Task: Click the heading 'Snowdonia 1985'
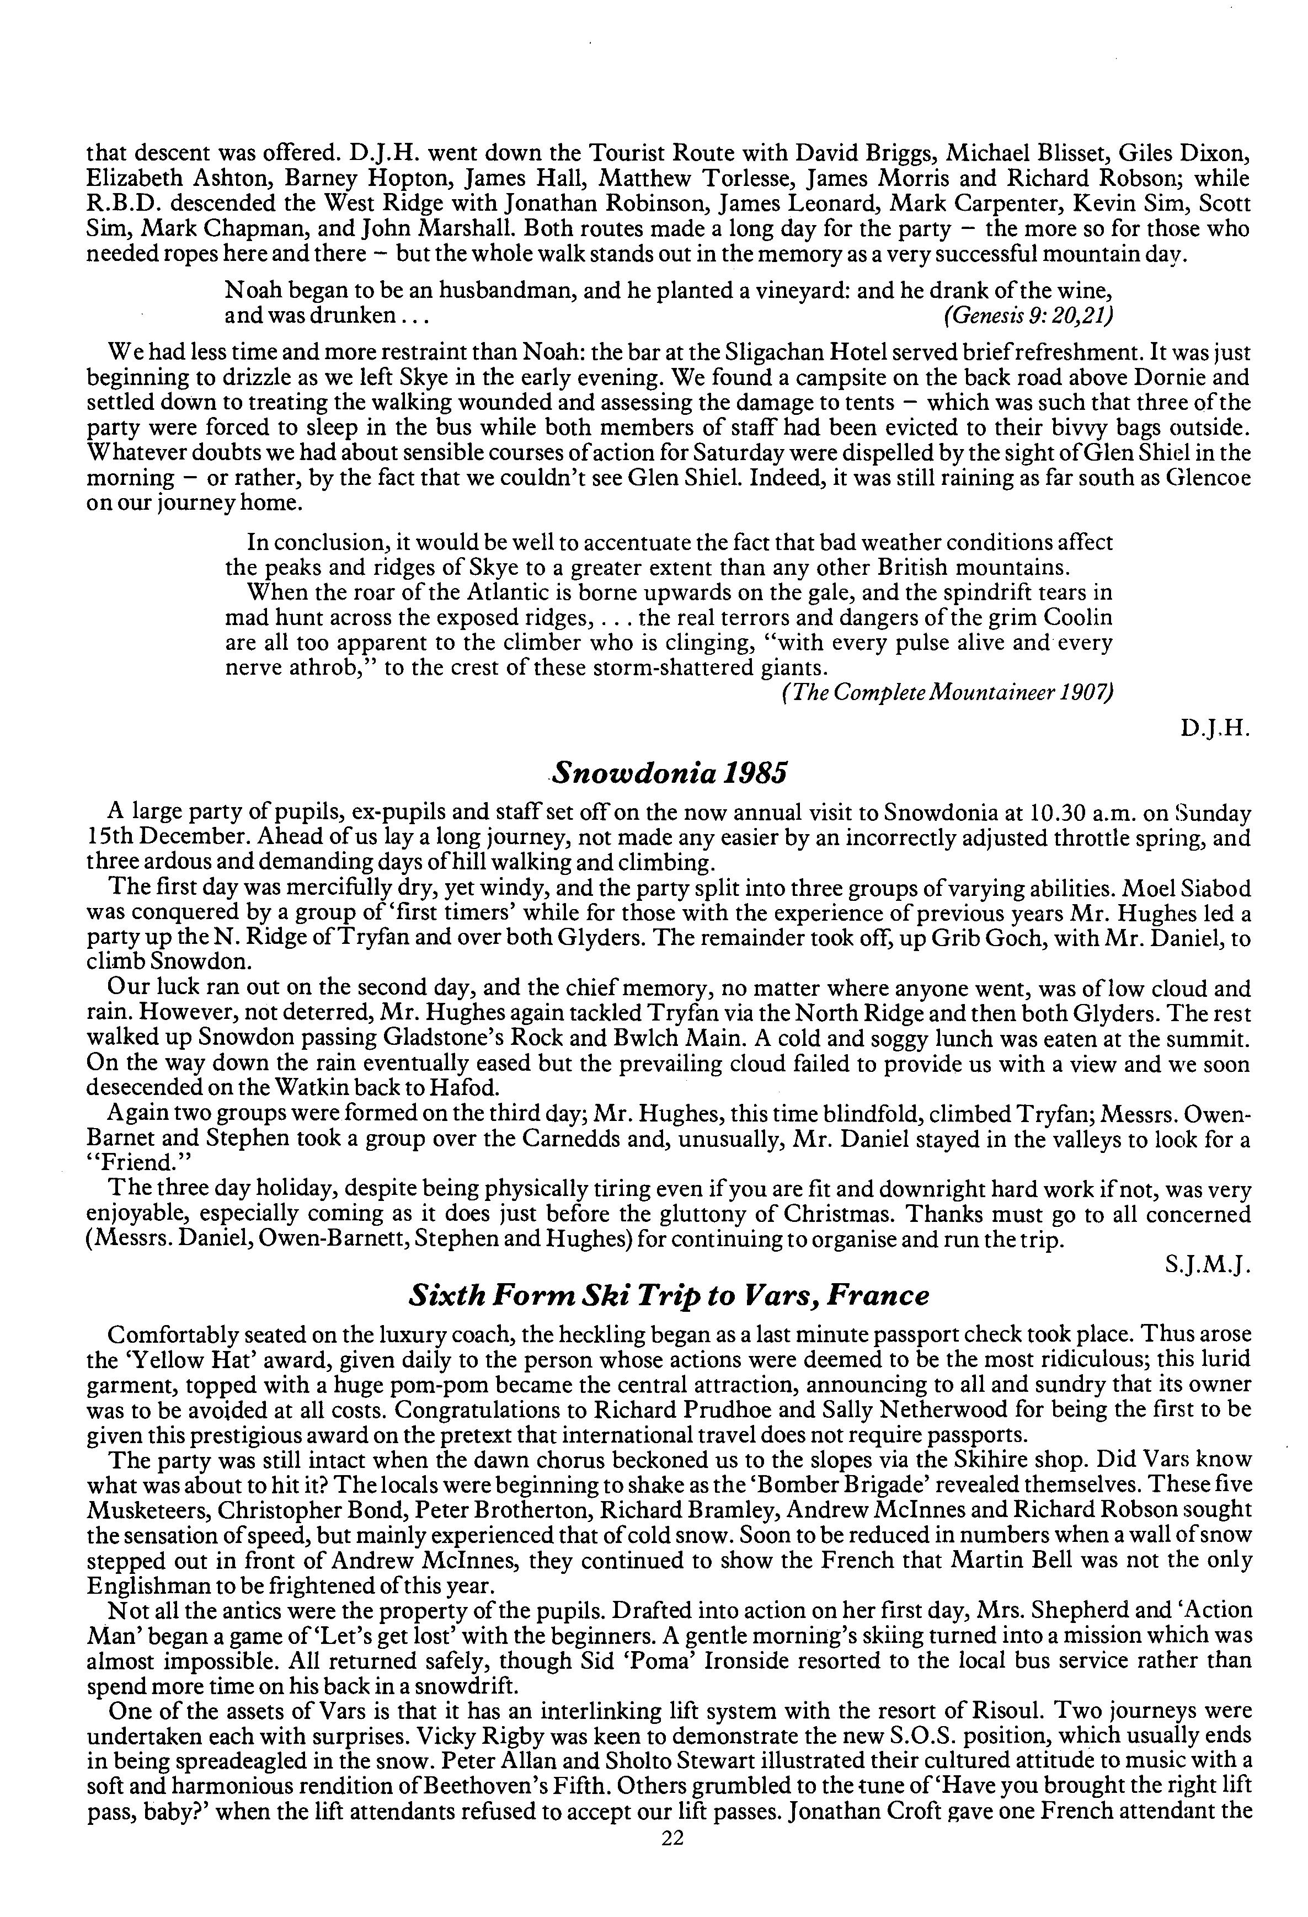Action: coord(669,773)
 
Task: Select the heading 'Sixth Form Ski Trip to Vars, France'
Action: coord(669,1295)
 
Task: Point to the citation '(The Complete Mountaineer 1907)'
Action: coord(947,694)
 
